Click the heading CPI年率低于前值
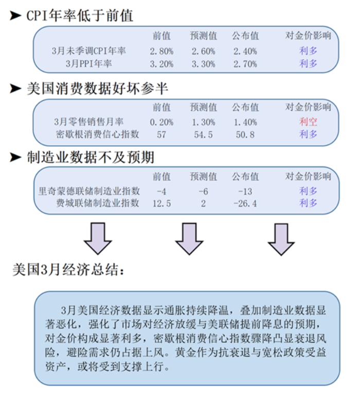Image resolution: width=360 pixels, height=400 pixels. [x=80, y=15]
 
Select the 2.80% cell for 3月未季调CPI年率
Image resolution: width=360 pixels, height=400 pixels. [x=161, y=51]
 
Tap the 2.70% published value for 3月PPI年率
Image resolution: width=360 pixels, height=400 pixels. [x=245, y=64]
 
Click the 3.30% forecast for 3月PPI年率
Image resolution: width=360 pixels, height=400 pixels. [x=204, y=64]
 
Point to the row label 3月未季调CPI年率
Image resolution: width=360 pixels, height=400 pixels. [x=88, y=51]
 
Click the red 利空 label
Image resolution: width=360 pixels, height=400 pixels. [x=308, y=121]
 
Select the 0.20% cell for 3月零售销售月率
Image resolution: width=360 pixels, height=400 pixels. [x=161, y=122]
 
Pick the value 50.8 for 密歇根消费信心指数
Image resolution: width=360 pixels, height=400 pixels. [x=245, y=135]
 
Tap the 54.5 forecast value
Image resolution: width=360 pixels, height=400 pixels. [x=203, y=135]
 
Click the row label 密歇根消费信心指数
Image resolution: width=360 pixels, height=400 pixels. [x=98, y=134]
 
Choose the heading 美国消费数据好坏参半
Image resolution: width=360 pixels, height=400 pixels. [x=98, y=89]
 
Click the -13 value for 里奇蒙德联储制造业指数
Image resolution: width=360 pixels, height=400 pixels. [x=245, y=192]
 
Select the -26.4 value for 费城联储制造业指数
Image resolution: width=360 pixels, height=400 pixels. [x=245, y=203]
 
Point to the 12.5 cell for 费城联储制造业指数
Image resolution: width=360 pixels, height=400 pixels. [x=161, y=203]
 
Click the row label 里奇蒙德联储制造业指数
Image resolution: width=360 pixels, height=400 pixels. [x=89, y=191]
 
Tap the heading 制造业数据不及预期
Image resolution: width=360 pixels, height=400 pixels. [x=91, y=157]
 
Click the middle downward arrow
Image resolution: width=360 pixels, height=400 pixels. [x=189, y=239]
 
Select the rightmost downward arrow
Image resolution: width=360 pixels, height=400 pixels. [x=281, y=239]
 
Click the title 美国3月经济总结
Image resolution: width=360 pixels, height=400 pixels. [x=68, y=270]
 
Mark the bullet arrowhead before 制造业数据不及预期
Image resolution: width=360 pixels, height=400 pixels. [x=15, y=157]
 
